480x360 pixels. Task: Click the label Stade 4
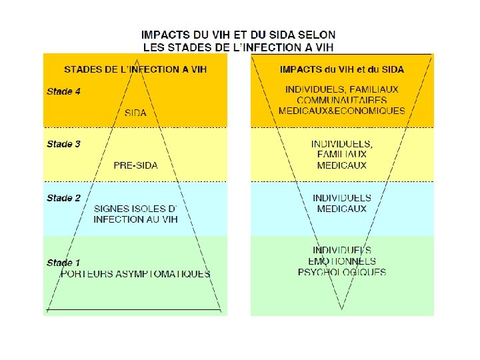click(x=64, y=91)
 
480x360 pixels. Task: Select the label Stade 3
click(x=64, y=144)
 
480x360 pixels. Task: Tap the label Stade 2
click(x=64, y=198)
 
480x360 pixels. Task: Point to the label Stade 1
click(x=64, y=263)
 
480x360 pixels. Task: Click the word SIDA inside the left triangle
click(x=135, y=113)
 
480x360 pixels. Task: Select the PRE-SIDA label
click(x=135, y=165)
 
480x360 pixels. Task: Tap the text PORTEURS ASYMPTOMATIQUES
click(x=135, y=273)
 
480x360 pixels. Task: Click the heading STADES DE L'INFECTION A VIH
click(x=135, y=69)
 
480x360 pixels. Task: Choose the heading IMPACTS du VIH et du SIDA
click(x=342, y=69)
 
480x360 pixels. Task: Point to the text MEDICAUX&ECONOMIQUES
click(x=342, y=111)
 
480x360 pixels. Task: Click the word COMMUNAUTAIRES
click(x=342, y=100)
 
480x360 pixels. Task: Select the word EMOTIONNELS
click(x=342, y=261)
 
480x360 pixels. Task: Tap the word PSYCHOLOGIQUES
click(x=342, y=272)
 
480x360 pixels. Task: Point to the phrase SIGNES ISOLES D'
click(x=135, y=209)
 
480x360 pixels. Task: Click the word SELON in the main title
click(x=317, y=34)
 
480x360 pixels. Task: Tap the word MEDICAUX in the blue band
click(x=342, y=209)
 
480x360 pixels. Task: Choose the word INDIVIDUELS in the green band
click(x=342, y=251)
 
